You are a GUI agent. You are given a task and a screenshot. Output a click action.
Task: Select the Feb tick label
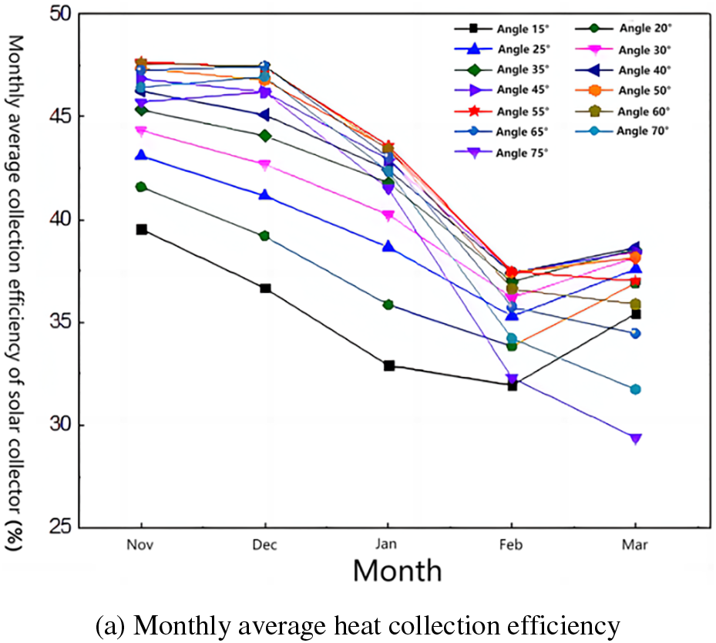click(x=512, y=545)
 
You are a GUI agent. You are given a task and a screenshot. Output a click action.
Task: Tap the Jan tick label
click(x=388, y=545)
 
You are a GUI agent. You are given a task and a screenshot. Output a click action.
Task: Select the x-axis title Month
click(x=398, y=571)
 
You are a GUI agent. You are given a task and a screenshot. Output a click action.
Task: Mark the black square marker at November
click(x=142, y=230)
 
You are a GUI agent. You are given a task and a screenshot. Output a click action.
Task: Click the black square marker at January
click(x=388, y=365)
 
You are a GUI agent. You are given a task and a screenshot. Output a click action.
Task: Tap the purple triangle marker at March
click(x=635, y=439)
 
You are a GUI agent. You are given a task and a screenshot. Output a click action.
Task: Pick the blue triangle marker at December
click(x=265, y=195)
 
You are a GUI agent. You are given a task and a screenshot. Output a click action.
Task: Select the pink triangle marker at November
click(x=142, y=131)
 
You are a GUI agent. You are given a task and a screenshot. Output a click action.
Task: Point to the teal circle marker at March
click(x=635, y=389)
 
